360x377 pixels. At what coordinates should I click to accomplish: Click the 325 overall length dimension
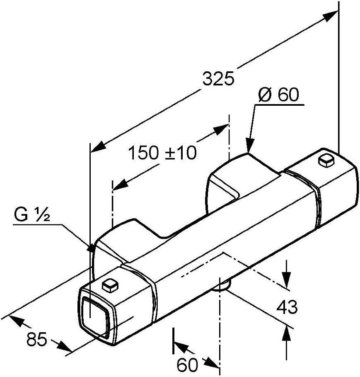(218, 78)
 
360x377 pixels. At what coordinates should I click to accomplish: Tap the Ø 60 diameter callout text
(278, 94)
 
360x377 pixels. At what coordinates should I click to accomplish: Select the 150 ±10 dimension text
(162, 153)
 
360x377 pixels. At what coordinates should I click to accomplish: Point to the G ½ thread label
(32, 215)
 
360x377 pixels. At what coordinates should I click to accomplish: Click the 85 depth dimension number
(36, 340)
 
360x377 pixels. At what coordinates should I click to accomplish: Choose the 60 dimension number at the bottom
(187, 365)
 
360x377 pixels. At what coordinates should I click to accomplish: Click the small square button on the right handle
(326, 161)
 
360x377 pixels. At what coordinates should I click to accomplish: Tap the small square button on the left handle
(111, 285)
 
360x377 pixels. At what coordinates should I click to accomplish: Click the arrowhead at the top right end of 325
(331, 16)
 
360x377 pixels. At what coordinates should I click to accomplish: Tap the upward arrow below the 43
(287, 333)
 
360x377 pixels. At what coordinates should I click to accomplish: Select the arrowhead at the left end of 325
(98, 147)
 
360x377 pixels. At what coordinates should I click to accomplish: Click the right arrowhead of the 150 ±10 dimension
(221, 129)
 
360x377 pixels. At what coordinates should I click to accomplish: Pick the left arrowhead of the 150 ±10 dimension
(121, 184)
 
